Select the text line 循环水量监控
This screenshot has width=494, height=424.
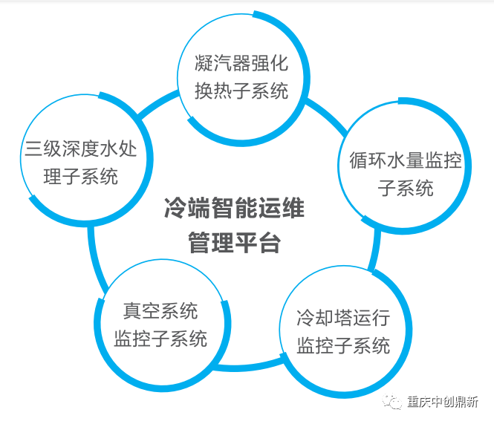pos(406,161)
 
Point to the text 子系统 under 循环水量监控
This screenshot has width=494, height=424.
pos(406,189)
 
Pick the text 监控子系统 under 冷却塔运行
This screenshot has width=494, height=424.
pos(343,346)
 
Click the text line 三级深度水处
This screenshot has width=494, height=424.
pos(86,149)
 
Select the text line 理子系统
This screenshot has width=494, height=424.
pos(86,177)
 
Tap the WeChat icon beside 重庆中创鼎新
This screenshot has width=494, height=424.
pos(391,402)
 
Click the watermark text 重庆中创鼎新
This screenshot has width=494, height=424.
pos(443,402)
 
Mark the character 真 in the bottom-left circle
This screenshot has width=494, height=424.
pos(132,310)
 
